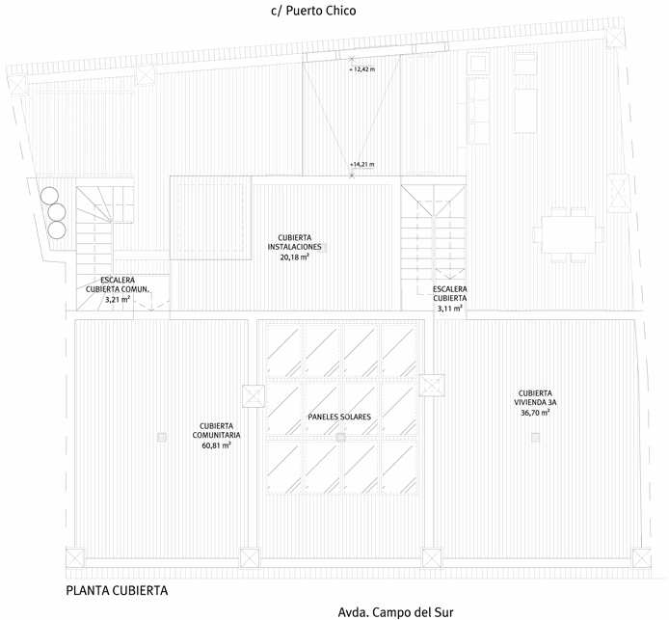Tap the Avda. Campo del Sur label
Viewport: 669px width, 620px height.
395,611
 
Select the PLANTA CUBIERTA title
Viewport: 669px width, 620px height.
118,589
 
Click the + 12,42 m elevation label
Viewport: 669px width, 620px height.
362,69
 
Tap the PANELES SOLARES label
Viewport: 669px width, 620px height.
339,417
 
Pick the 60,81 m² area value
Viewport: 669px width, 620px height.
220,446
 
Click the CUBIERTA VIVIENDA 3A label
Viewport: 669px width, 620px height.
534,397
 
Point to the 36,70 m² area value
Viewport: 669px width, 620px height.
534,413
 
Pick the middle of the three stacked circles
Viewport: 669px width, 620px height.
56,211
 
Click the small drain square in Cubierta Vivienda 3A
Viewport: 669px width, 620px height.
535,439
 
